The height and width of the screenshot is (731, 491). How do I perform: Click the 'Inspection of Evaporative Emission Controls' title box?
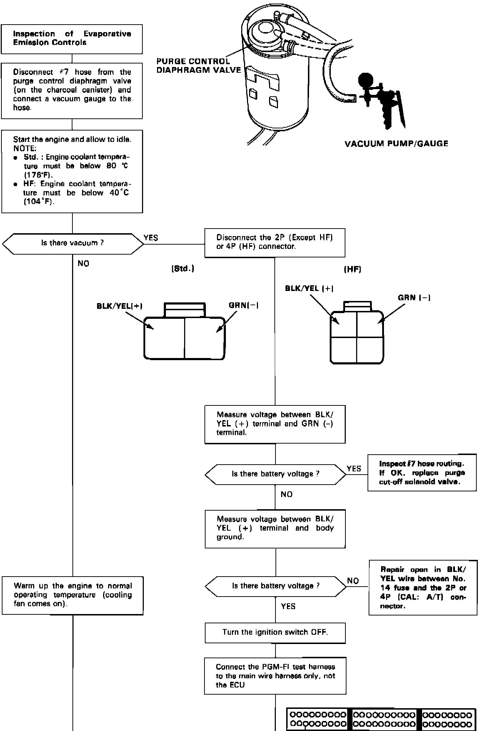pyautogui.click(x=72, y=39)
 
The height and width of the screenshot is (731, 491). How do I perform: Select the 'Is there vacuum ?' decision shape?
pyautogui.click(x=72, y=244)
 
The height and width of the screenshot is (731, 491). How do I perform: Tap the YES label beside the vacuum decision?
pyautogui.click(x=151, y=238)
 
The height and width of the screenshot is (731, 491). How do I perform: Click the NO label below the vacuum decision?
pyautogui.click(x=83, y=264)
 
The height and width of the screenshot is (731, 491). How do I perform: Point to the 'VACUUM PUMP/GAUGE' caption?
pyautogui.click(x=396, y=144)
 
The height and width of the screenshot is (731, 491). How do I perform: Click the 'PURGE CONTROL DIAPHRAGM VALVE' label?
pyautogui.click(x=198, y=66)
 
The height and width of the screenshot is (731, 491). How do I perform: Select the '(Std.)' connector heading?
pyautogui.click(x=183, y=269)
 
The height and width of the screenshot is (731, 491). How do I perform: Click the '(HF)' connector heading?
pyautogui.click(x=352, y=270)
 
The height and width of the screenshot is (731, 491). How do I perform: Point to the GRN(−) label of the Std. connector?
pyautogui.click(x=243, y=306)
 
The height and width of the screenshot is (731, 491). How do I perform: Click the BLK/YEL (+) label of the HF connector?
pyautogui.click(x=309, y=288)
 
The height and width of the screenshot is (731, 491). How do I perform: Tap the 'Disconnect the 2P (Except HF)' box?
pyautogui.click(x=274, y=242)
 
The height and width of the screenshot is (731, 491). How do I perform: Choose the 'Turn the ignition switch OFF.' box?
pyautogui.click(x=275, y=632)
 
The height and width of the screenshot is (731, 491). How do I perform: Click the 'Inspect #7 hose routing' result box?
pyautogui.click(x=422, y=472)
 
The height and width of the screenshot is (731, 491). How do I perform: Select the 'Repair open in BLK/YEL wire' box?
pyautogui.click(x=423, y=587)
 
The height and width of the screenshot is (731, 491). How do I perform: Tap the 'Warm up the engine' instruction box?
pyautogui.click(x=72, y=595)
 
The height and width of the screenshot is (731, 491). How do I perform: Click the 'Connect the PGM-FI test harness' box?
pyautogui.click(x=275, y=676)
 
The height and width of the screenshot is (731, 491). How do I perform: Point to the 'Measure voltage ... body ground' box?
pyautogui.click(x=275, y=528)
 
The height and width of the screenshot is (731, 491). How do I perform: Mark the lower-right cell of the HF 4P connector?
pyautogui.click(x=370, y=350)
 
